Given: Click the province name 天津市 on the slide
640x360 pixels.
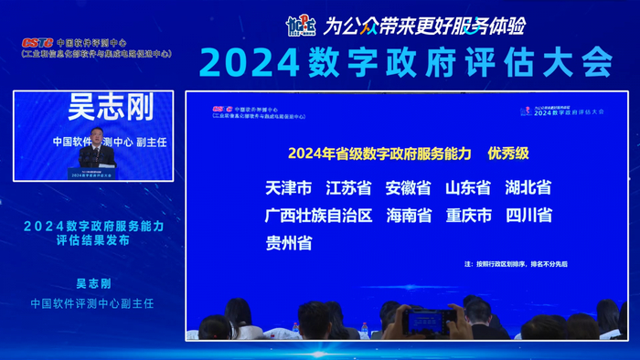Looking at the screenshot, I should tap(288, 188).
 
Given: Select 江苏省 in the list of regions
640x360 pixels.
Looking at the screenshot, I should tap(348, 188).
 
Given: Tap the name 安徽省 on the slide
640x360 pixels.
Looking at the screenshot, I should tap(408, 188).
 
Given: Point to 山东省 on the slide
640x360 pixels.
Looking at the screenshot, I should tap(468, 188).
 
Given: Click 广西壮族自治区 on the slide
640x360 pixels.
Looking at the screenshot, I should tap(318, 216).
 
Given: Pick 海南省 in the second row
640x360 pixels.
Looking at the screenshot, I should tap(408, 216).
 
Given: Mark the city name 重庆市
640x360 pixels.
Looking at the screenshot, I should tap(468, 216).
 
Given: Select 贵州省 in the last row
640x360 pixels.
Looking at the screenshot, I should tap(288, 243).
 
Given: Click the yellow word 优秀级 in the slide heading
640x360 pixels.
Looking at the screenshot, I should tap(513, 153).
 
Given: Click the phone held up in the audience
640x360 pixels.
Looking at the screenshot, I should tap(429, 320).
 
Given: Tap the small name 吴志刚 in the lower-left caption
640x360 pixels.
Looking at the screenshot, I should tap(92, 283).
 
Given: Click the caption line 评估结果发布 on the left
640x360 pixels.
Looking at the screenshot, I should tap(92, 241).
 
